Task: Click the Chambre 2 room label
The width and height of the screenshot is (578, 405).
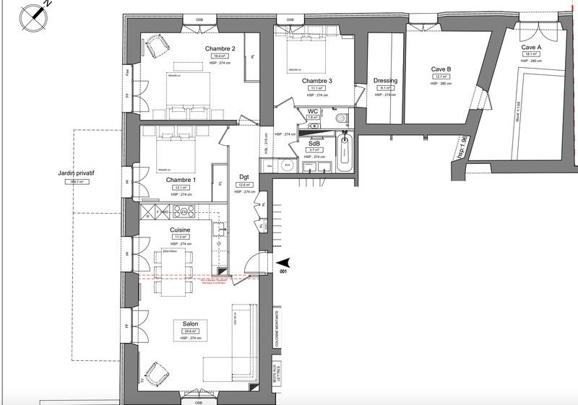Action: (219, 48)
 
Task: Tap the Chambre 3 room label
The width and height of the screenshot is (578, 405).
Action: (317, 81)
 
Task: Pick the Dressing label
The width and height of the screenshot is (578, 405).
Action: (386, 81)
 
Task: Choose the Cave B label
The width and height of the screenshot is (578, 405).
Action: (441, 69)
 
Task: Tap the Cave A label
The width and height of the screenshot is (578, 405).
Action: (532, 47)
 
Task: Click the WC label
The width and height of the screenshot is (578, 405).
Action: (313, 110)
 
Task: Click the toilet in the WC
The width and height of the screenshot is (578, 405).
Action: (341, 118)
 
